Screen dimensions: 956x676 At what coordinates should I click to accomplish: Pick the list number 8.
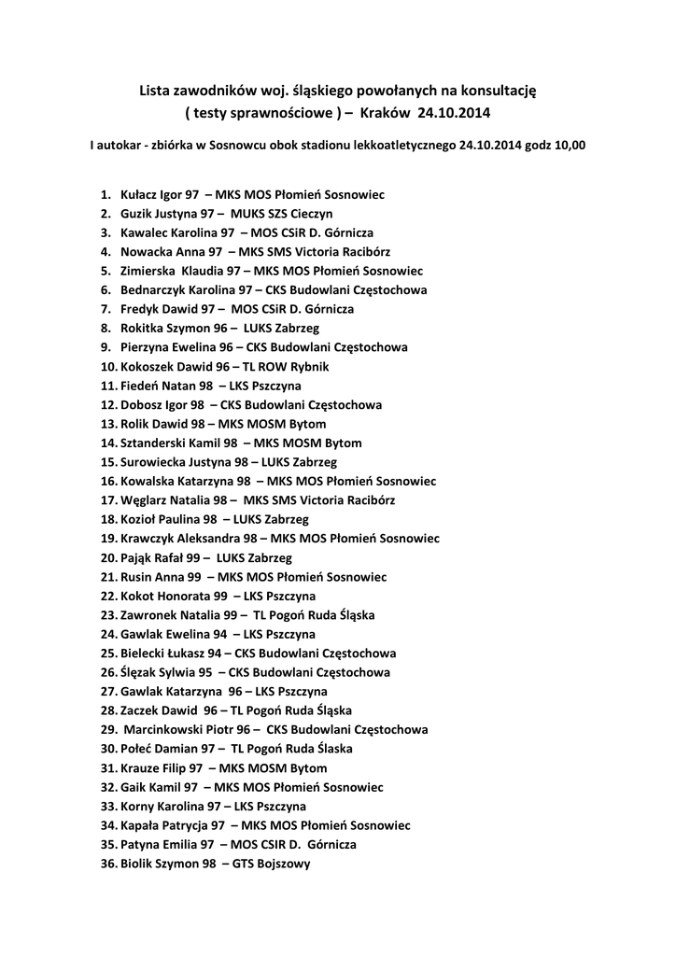(x=106, y=329)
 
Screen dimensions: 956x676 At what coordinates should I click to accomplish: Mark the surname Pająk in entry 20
(x=137, y=557)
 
